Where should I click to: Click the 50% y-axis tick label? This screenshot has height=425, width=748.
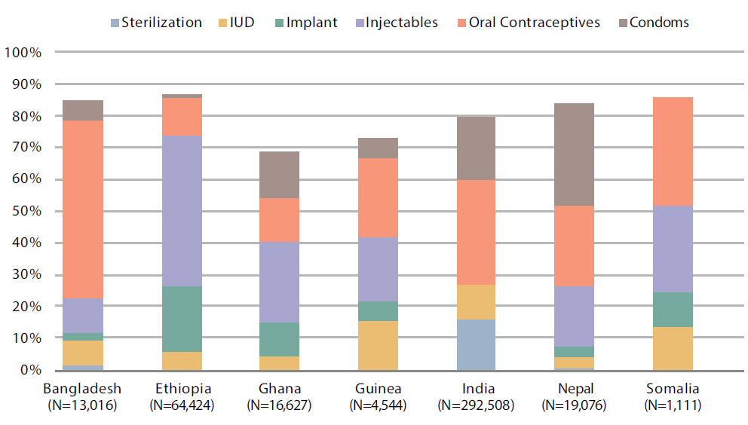click(x=26, y=212)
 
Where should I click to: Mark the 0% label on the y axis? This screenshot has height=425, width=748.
click(x=29, y=370)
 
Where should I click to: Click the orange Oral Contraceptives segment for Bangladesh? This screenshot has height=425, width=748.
click(x=83, y=209)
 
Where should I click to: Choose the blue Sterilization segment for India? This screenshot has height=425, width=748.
click(x=476, y=344)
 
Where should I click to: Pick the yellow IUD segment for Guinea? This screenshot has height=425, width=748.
click(x=378, y=345)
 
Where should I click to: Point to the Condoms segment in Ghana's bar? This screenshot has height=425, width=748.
click(x=280, y=175)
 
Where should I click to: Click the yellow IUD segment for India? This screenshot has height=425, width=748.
click(x=476, y=302)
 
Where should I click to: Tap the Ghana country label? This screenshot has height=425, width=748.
click(x=280, y=390)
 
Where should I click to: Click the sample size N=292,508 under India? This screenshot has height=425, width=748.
click(x=476, y=405)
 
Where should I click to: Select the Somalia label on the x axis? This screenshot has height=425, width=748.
click(x=672, y=390)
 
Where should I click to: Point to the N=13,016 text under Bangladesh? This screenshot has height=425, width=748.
click(x=83, y=405)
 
